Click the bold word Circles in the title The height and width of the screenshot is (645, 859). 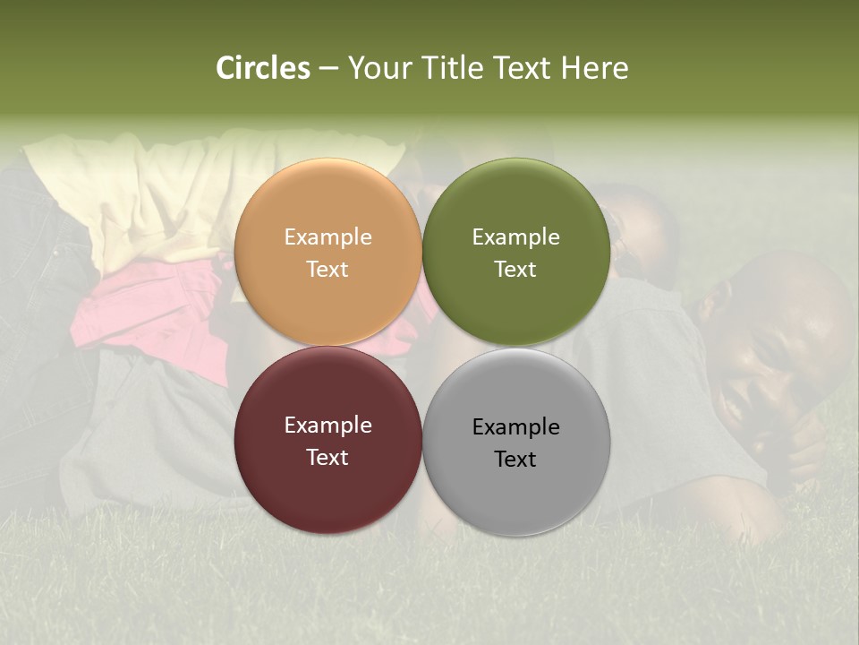[262, 68]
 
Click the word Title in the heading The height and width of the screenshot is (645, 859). [453, 68]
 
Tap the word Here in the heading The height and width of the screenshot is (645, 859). [594, 68]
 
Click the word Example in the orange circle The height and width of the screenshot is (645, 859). [327, 237]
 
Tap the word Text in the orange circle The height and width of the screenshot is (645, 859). [327, 270]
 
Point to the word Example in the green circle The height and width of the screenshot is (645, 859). [515, 237]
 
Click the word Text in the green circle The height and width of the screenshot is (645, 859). [515, 270]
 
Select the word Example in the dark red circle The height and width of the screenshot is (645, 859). [327, 426]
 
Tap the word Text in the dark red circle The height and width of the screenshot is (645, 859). [327, 458]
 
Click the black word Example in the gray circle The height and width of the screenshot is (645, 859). [515, 427]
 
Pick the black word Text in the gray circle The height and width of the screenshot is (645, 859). [515, 460]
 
